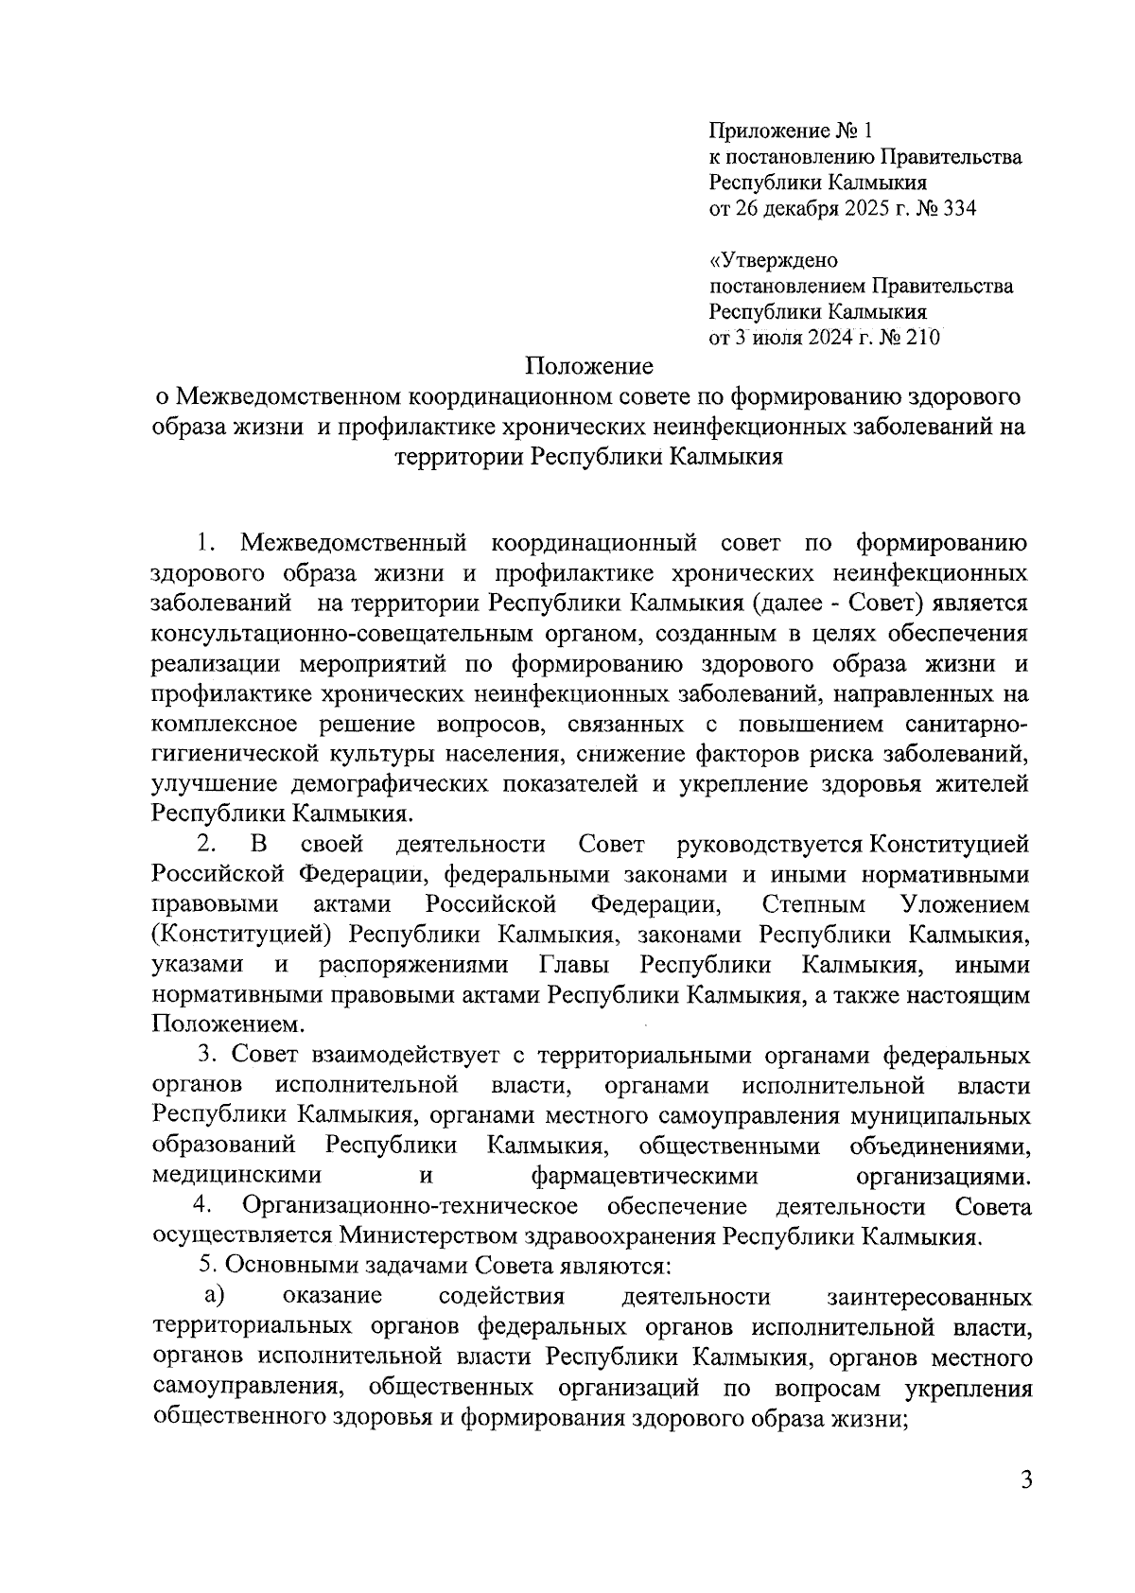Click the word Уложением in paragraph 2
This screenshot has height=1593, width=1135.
(x=966, y=904)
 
